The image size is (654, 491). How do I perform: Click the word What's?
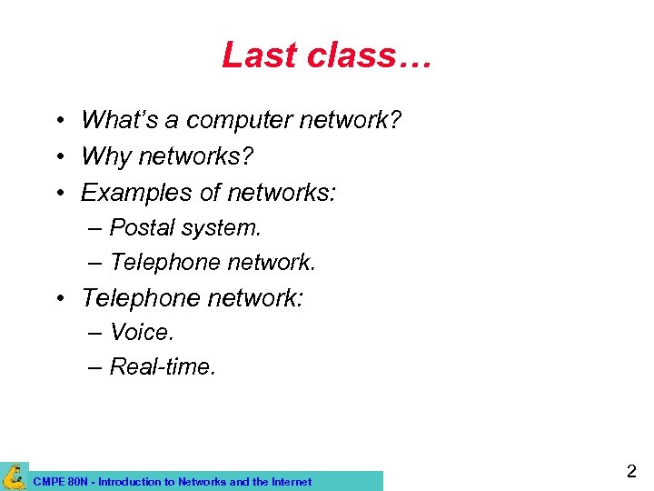tap(114, 119)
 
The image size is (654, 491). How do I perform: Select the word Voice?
tap(141, 332)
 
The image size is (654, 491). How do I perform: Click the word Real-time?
tap(163, 366)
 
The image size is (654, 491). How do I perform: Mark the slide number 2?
tap(630, 471)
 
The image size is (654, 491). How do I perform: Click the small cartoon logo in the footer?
tap(14, 476)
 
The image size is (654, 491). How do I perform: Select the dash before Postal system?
tap(95, 227)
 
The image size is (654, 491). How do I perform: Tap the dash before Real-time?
tap(95, 367)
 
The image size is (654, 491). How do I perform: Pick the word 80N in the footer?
tap(76, 482)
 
